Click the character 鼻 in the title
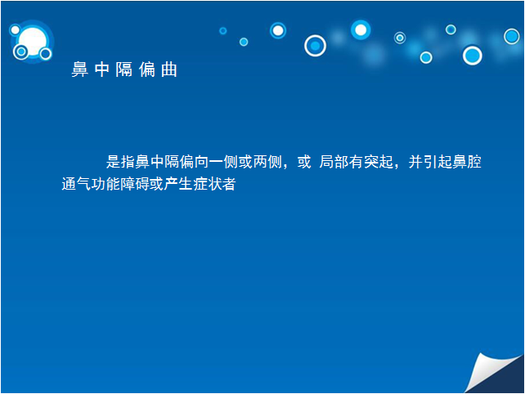click(x=79, y=69)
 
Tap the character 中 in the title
click(x=101, y=69)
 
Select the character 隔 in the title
click(x=123, y=69)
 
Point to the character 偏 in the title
click(x=146, y=69)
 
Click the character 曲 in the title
click(x=169, y=69)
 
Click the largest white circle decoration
click(x=33, y=42)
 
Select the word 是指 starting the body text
click(x=120, y=162)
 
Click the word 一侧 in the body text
click(x=223, y=162)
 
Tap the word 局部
click(x=334, y=162)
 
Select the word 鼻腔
click(x=467, y=162)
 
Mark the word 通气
click(x=76, y=184)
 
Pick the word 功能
click(x=105, y=184)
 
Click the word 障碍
click(x=135, y=184)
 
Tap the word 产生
click(x=178, y=184)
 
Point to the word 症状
click(x=207, y=184)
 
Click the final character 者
click(x=229, y=184)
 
